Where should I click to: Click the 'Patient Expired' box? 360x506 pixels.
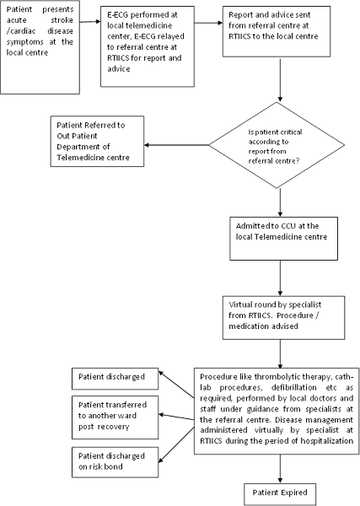[x=280, y=493]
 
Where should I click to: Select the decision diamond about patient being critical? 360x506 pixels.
[x=277, y=145]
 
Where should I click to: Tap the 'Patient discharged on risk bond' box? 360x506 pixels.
[x=116, y=462]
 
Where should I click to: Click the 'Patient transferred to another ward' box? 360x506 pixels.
[x=116, y=417]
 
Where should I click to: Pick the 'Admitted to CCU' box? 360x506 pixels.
[x=283, y=239]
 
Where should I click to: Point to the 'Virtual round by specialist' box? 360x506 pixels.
[x=283, y=318]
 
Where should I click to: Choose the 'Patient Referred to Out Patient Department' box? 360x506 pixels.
[x=97, y=142]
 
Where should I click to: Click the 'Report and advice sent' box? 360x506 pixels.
[x=277, y=31]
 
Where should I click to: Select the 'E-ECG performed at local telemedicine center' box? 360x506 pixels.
[x=148, y=46]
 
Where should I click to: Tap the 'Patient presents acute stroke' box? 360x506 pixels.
[x=40, y=47]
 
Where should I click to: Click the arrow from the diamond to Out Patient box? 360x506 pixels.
[x=176, y=145]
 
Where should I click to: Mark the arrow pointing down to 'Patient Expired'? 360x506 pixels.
[x=280, y=469]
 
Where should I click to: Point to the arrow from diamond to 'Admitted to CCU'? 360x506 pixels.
[x=280, y=202]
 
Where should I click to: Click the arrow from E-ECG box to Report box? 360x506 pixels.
[x=208, y=23]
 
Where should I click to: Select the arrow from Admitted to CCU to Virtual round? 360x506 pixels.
[x=280, y=277]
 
